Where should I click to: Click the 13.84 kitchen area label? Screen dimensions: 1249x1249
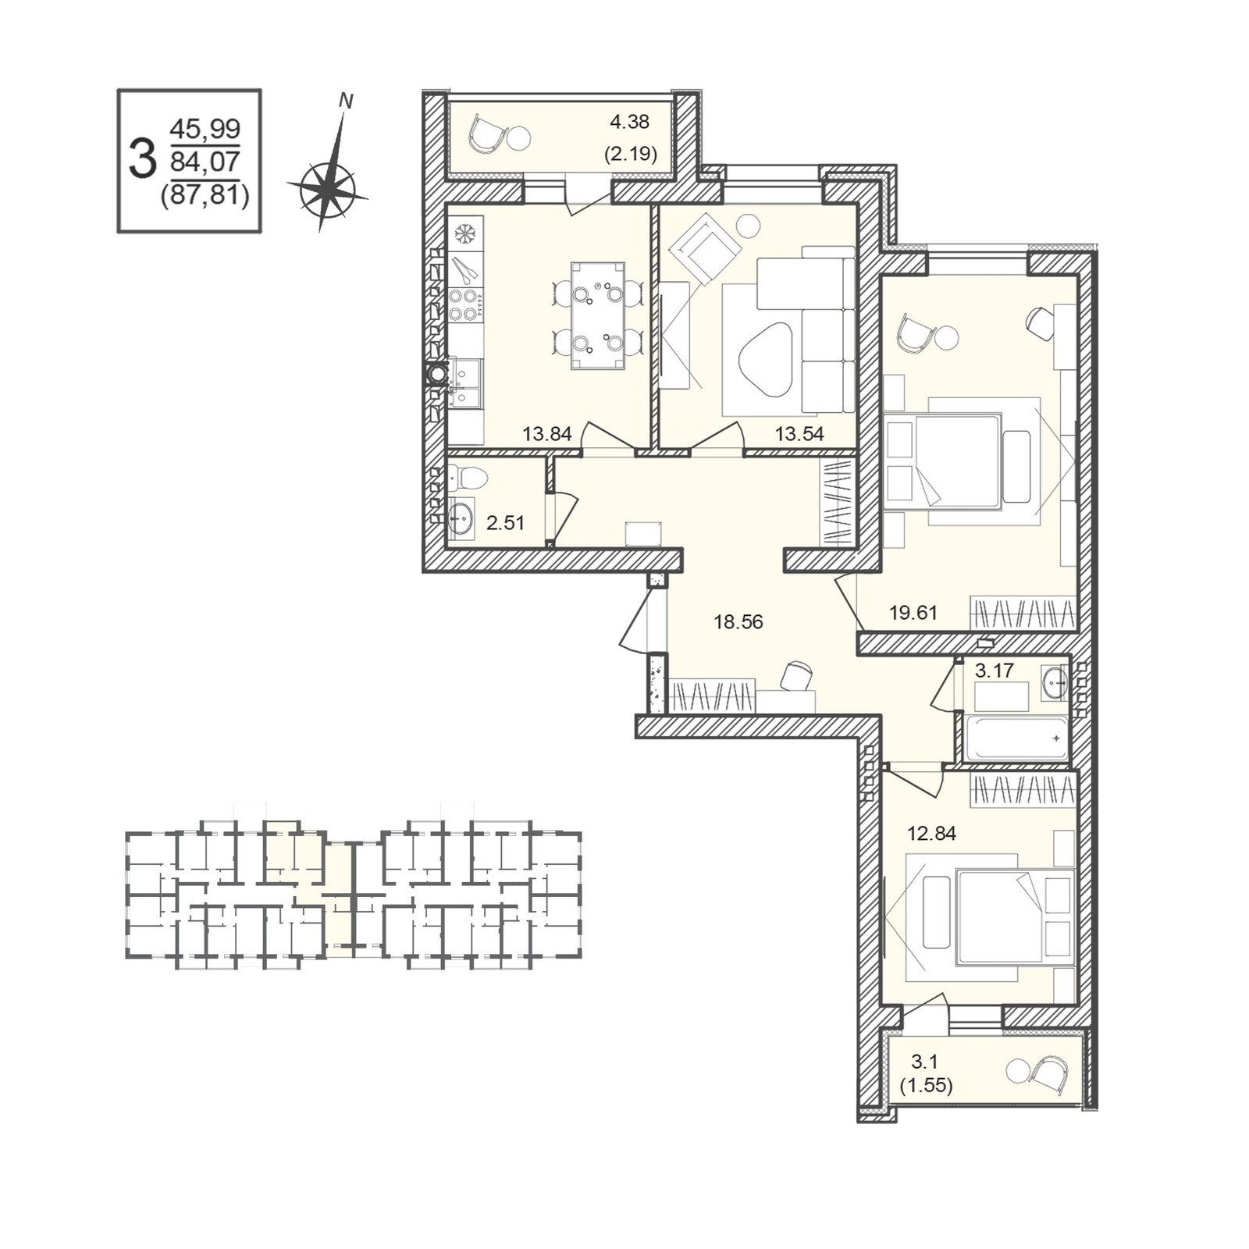pos(547,434)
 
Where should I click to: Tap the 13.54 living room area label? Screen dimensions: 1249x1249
pos(799,434)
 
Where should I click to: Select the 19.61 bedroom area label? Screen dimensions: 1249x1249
pos(913,613)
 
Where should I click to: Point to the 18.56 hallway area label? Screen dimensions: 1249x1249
pos(738,622)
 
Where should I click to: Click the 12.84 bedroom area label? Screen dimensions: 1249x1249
pos(931,833)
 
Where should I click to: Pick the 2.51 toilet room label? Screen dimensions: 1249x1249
pos(505,523)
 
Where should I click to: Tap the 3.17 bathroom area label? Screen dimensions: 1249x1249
pos(995,670)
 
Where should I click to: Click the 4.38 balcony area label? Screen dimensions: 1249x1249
pos(630,122)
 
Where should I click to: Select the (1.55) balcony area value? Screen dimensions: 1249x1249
pos(927,1086)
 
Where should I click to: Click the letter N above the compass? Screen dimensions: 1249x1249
pos(346,101)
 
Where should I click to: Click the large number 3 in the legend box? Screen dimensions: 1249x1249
pos(142,159)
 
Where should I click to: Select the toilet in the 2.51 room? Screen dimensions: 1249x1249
pos(468,476)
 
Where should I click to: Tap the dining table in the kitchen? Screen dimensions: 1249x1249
pos(598,316)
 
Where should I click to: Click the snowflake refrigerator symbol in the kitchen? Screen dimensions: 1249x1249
pos(465,233)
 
